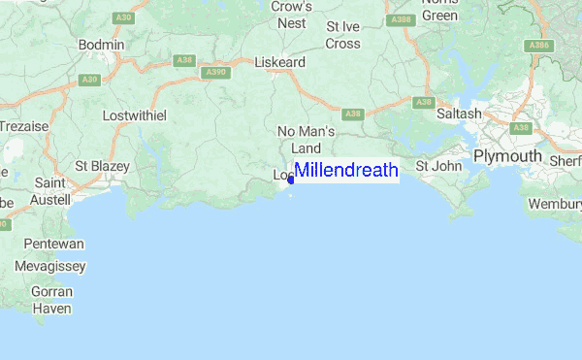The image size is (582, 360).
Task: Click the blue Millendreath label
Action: click(346, 170)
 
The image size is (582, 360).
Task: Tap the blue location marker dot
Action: click(291, 179)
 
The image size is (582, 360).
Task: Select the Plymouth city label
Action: click(506, 156)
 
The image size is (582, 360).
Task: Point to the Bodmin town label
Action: click(101, 45)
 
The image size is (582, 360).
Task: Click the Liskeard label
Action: click(279, 61)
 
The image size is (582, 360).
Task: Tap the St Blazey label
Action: click(102, 166)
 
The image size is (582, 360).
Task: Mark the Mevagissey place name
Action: click(50, 265)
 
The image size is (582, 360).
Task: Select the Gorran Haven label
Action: click(52, 300)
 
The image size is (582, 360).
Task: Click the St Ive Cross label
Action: click(343, 35)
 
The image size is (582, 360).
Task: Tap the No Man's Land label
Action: click(306, 139)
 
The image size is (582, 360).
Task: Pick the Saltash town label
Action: click(459, 114)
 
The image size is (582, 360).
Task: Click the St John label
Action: click(438, 166)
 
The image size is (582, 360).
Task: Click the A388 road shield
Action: click(400, 19)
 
